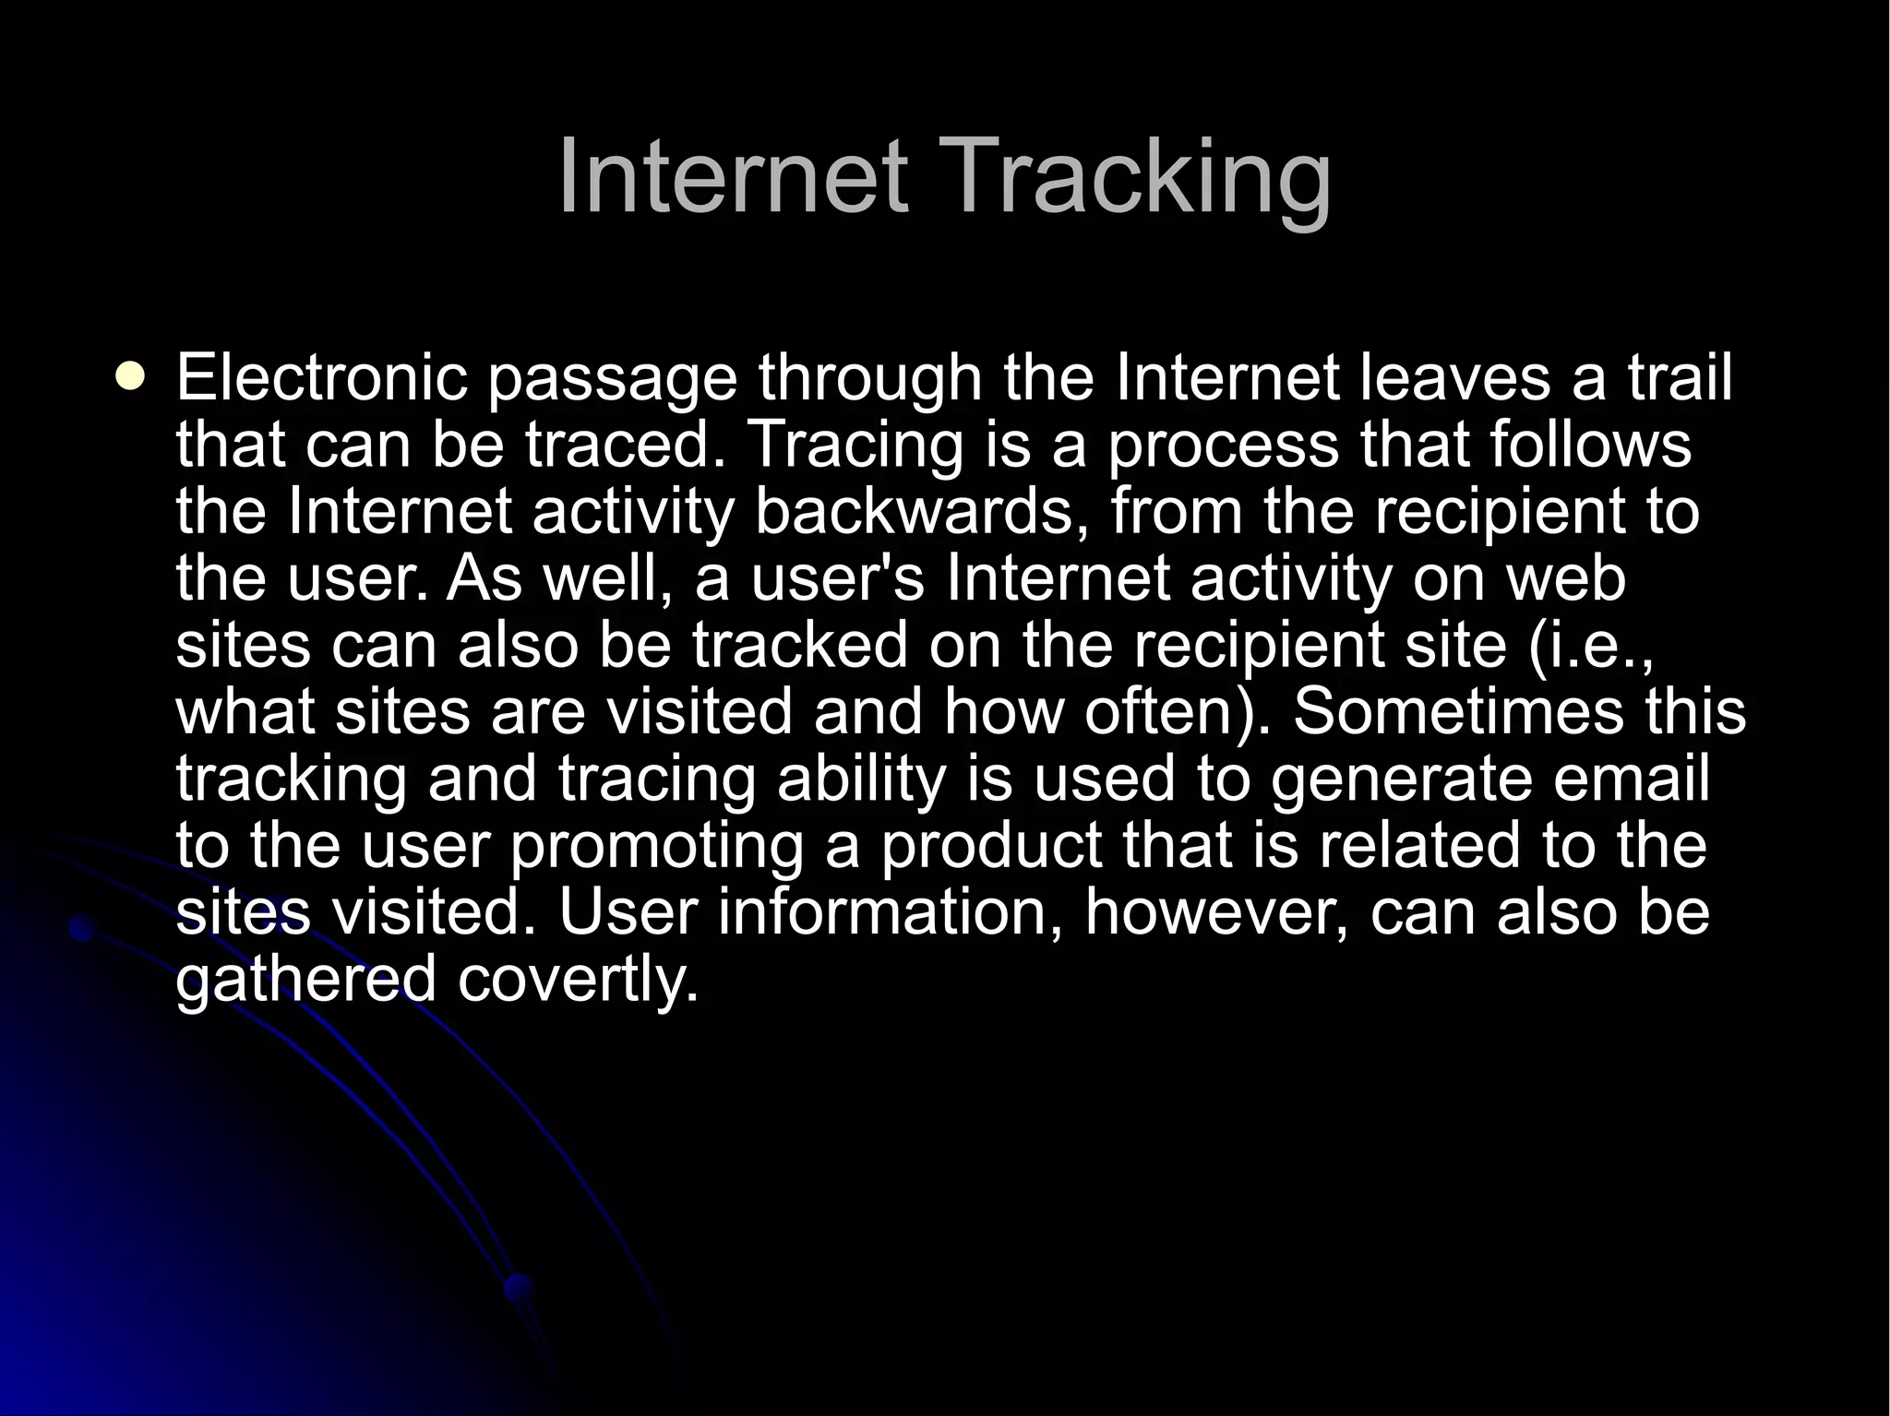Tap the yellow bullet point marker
[132, 375]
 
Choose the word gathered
[305, 981]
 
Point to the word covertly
[578, 981]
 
